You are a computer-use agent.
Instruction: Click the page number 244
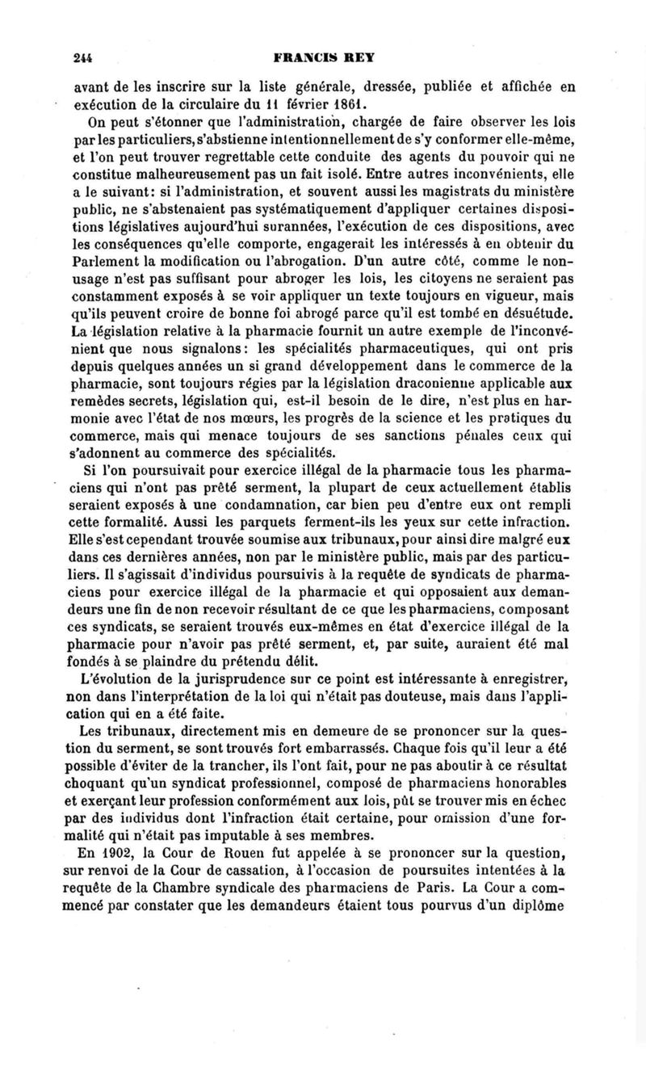point(81,57)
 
